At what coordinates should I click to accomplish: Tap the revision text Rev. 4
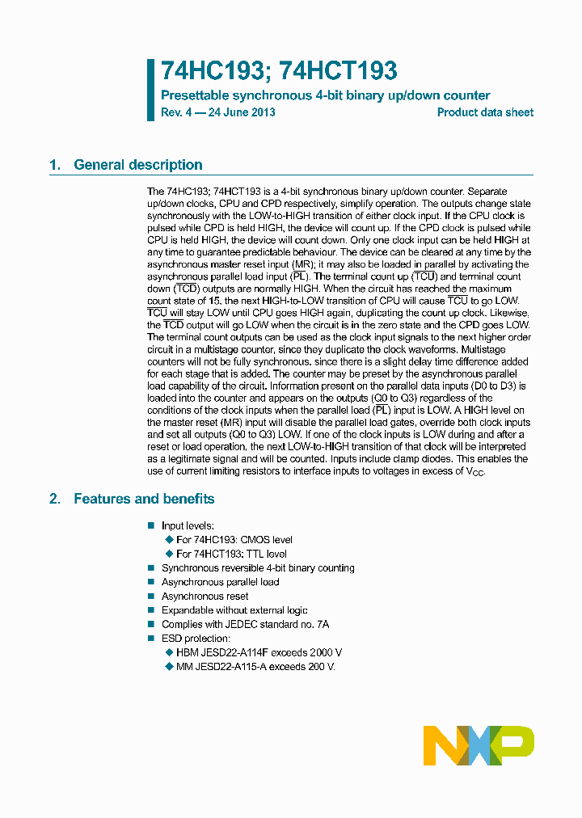tap(177, 112)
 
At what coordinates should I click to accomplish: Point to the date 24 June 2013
tap(242, 112)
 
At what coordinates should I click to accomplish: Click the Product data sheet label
tap(485, 112)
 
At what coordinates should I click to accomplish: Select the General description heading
tap(137, 165)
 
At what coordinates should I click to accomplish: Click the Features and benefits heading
tap(144, 499)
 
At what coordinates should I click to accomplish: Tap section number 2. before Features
tap(55, 499)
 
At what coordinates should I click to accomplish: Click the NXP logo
tap(479, 745)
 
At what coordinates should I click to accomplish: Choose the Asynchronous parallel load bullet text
tap(220, 582)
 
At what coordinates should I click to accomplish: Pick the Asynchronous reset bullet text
tap(205, 597)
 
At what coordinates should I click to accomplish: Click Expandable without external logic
tap(234, 610)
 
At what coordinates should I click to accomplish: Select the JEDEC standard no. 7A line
tap(245, 624)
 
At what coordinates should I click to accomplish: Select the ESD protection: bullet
tap(196, 639)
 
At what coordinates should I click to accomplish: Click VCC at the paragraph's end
tap(474, 472)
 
